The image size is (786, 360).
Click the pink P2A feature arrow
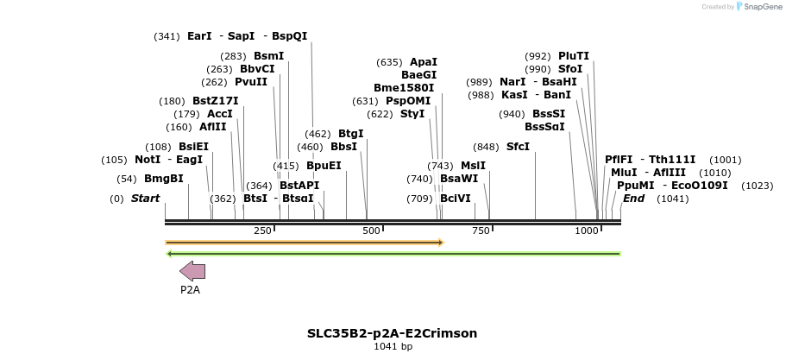point(192,271)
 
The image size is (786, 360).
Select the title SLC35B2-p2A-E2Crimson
point(392,333)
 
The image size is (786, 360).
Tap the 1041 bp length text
point(393,347)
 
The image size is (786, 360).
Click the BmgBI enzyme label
point(163,179)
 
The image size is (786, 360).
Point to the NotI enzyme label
point(148,160)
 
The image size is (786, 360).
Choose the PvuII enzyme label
point(251,82)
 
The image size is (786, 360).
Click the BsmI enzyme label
point(268,56)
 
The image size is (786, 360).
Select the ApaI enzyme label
point(423,62)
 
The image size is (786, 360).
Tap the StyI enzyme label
point(412,114)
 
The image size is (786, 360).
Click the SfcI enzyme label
point(518,146)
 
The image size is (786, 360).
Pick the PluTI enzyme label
point(574,56)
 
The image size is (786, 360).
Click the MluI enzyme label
point(624,173)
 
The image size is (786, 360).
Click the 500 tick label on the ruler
point(372,231)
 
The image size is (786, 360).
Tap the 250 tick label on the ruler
point(263,231)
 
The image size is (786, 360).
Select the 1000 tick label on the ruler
point(587,231)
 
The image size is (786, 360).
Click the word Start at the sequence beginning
point(145,199)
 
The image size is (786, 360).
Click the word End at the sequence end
point(633,199)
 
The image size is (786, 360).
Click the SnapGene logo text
point(758,7)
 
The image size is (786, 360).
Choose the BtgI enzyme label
point(350,134)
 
